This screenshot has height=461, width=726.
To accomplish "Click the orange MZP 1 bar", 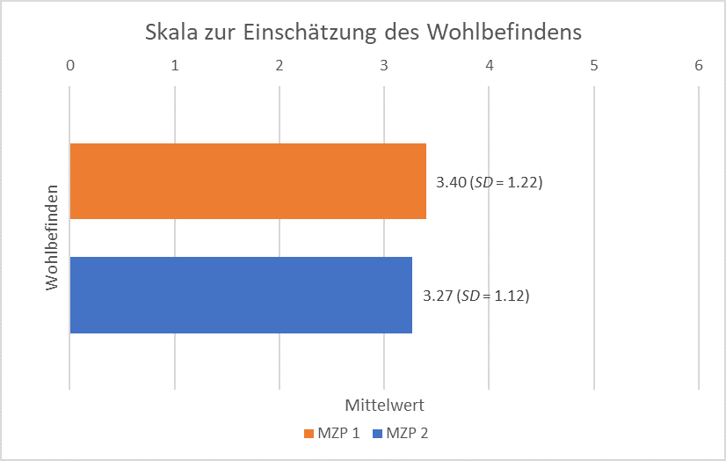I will (248, 181).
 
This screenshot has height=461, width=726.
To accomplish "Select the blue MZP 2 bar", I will (241, 295).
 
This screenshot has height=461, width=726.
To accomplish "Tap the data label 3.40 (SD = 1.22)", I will (488, 183).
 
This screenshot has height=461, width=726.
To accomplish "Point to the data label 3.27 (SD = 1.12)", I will (476, 296).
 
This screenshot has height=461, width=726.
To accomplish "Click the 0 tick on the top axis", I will (70, 65).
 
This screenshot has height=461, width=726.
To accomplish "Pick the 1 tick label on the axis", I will (175, 65).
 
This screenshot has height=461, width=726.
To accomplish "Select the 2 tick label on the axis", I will (280, 65).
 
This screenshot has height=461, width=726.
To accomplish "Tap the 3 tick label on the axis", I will (384, 65).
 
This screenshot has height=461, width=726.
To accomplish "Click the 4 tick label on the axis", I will (490, 65).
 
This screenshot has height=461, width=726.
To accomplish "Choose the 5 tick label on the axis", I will (594, 65).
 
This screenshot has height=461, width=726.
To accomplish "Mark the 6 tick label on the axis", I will (699, 65).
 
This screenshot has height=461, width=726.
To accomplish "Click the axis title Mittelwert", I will (384, 406).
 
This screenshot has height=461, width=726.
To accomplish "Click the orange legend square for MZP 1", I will (309, 434).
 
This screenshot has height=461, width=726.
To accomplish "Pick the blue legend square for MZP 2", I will (377, 434).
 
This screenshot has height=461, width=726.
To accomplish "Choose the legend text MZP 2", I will (407, 434).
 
